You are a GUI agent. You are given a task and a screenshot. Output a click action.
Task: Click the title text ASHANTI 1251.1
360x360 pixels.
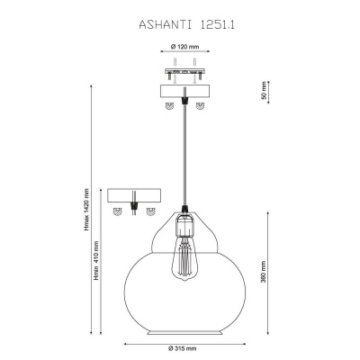(x=186, y=25)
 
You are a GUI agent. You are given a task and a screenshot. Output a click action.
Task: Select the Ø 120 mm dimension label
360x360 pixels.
(x=185, y=47)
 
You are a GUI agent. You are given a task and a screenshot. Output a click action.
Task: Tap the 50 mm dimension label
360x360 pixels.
(x=264, y=91)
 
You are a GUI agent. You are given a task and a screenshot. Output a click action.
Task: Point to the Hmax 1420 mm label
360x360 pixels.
(x=87, y=210)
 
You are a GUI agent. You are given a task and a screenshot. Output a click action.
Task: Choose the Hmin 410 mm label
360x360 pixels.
(x=96, y=260)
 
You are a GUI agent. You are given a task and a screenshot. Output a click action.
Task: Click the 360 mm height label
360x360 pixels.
(x=264, y=273)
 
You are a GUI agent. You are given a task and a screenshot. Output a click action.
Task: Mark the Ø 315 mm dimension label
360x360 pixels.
(x=182, y=348)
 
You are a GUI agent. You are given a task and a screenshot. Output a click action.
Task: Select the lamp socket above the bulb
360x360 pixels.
(x=184, y=222)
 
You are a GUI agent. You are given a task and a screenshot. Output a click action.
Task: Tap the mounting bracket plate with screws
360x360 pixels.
(x=184, y=72)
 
